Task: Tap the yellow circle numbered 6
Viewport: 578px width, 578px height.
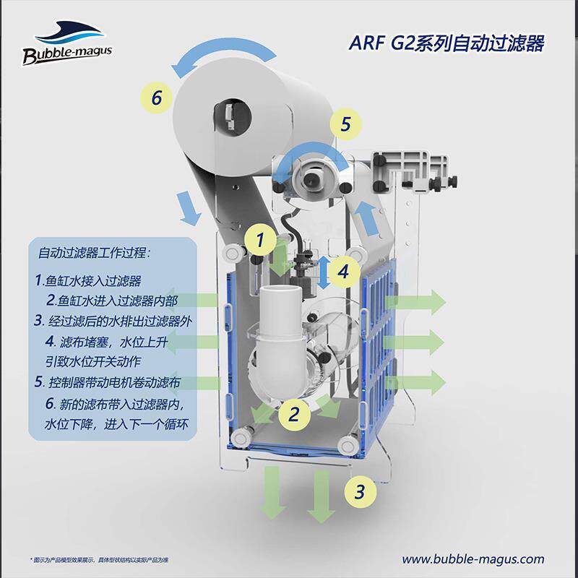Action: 157,97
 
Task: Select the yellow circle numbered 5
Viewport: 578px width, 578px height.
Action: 345,124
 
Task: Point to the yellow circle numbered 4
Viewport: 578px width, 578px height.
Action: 345,272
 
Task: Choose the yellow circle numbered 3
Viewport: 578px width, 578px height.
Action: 359,492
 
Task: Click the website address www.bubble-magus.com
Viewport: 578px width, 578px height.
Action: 473,558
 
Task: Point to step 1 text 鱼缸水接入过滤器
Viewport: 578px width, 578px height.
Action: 87,280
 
